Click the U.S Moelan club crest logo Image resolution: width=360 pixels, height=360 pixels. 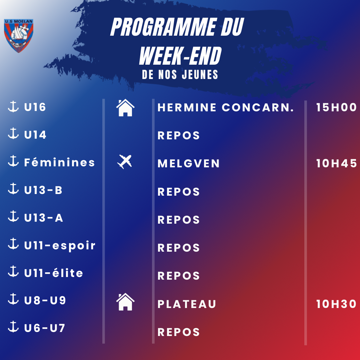pos(19,36)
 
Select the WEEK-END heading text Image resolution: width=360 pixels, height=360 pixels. pos(180,56)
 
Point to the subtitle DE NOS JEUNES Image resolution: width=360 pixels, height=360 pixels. pos(180,75)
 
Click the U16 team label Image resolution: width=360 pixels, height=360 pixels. pos(35,107)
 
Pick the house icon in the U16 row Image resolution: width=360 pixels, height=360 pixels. pos(125,108)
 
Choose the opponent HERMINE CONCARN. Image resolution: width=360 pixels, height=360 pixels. pos(226,107)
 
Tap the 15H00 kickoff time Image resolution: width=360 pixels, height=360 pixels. pos(336,107)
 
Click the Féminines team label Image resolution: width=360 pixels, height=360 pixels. pos(59,162)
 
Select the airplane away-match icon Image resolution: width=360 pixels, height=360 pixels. pos(125,162)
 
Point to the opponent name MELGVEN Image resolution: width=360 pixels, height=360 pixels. pos(188,163)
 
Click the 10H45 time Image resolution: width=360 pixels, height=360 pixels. pos(336,163)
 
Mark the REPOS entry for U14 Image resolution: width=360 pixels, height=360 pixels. pos(179,135)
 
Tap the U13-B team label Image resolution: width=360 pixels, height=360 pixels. pos(43,190)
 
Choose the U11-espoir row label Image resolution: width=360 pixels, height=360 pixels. pos(60,245)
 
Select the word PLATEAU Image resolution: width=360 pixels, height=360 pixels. pos(187,304)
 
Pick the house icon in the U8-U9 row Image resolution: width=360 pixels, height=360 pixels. pos(125,302)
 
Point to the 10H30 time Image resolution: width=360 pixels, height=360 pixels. pos(336,304)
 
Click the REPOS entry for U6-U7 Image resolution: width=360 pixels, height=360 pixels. pos(179,332)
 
